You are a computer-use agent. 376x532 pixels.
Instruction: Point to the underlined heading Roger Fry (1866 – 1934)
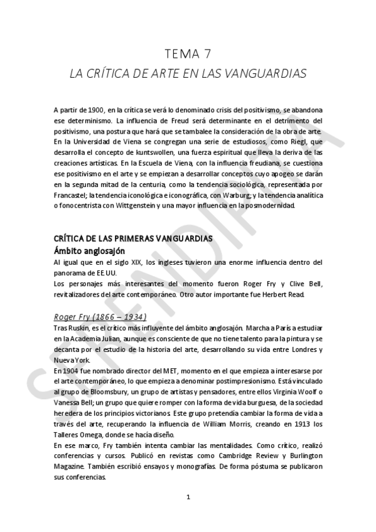(x=100, y=317)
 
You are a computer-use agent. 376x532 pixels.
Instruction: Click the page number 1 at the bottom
(x=188, y=497)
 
